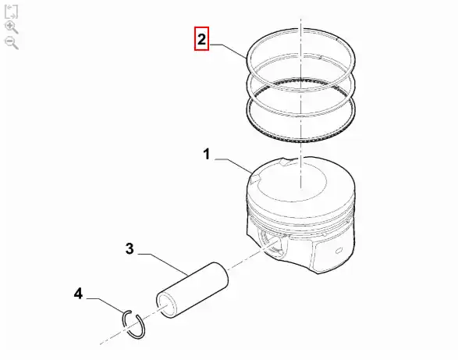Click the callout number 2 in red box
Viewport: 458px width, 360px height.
click(x=201, y=39)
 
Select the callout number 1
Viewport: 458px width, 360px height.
click(x=207, y=154)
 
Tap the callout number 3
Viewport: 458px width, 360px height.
click(x=130, y=249)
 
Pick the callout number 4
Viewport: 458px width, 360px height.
click(x=78, y=294)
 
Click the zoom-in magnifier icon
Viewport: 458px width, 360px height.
click(x=12, y=27)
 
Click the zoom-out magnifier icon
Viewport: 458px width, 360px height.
click(x=12, y=43)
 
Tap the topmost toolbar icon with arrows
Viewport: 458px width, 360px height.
click(x=12, y=12)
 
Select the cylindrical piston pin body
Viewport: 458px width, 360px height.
click(x=193, y=290)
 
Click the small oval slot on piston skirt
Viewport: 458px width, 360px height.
click(x=339, y=251)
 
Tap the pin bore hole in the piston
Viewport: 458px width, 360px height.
click(x=272, y=242)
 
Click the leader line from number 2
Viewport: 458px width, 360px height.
click(x=229, y=50)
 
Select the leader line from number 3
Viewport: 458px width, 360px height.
click(x=164, y=263)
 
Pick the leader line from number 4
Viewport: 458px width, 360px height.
click(x=107, y=304)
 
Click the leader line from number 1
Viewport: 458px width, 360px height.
click(x=233, y=165)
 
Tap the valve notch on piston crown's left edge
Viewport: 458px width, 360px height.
click(x=256, y=178)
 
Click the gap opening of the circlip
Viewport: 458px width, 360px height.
click(x=134, y=313)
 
